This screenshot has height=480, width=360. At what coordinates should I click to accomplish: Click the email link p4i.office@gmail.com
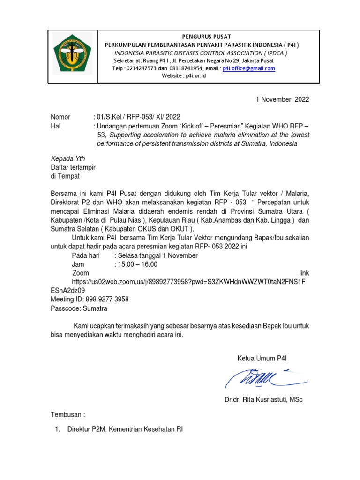click(249, 68)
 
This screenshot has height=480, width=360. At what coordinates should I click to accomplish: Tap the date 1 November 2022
click(282, 99)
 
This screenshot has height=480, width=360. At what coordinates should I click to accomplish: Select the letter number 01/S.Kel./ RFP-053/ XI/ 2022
click(136, 117)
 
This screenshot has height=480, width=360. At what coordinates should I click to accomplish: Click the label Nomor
click(60, 117)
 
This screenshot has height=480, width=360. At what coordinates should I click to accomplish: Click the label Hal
click(56, 126)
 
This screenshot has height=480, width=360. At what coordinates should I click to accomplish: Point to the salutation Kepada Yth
click(68, 158)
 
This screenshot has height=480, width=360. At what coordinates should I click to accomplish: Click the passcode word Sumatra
click(95, 308)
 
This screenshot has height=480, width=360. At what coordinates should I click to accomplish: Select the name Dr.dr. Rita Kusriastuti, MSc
click(263, 400)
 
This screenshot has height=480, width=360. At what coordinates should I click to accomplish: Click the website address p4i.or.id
click(195, 76)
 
